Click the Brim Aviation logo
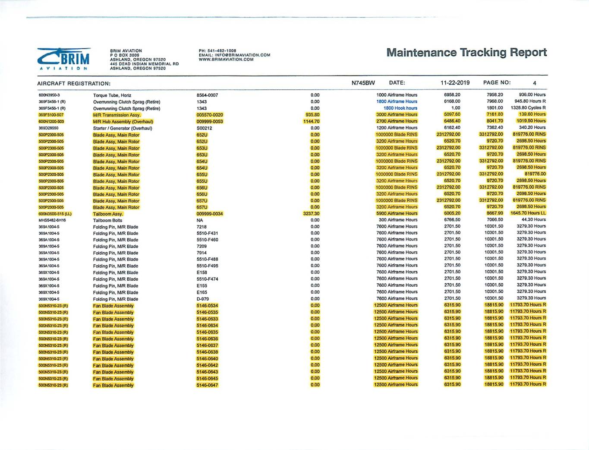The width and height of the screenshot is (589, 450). pyautogui.click(x=64, y=59)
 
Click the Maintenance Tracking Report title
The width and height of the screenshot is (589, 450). pyautogui.click(x=466, y=53)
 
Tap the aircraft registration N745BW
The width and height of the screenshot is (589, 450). pyautogui.click(x=363, y=83)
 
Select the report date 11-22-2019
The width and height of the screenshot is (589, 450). pyautogui.click(x=455, y=83)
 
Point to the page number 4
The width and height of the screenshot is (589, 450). pyautogui.click(x=534, y=83)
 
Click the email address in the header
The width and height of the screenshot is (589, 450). pyautogui.click(x=234, y=55)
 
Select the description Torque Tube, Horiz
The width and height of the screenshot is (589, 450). pyautogui.click(x=112, y=95)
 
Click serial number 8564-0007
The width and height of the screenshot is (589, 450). pyautogui.click(x=207, y=95)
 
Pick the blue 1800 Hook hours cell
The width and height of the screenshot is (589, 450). pyautogui.click(x=400, y=108)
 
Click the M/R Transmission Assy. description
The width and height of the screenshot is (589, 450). pyautogui.click(x=117, y=115)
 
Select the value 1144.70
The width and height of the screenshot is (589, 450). pyautogui.click(x=311, y=121)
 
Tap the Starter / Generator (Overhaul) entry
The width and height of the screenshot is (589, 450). pyautogui.click(x=123, y=128)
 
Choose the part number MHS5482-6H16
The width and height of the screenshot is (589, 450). pyautogui.click(x=52, y=220)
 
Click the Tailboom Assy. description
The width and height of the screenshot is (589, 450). pyautogui.click(x=108, y=214)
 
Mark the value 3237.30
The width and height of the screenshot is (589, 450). pyautogui.click(x=311, y=213)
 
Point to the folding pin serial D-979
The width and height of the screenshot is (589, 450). pyautogui.click(x=203, y=299)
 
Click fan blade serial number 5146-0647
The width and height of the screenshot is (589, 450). pyautogui.click(x=207, y=385)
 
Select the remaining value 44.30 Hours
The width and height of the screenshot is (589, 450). pyautogui.click(x=533, y=220)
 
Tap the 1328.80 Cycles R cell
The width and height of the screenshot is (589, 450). pyautogui.click(x=528, y=108)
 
